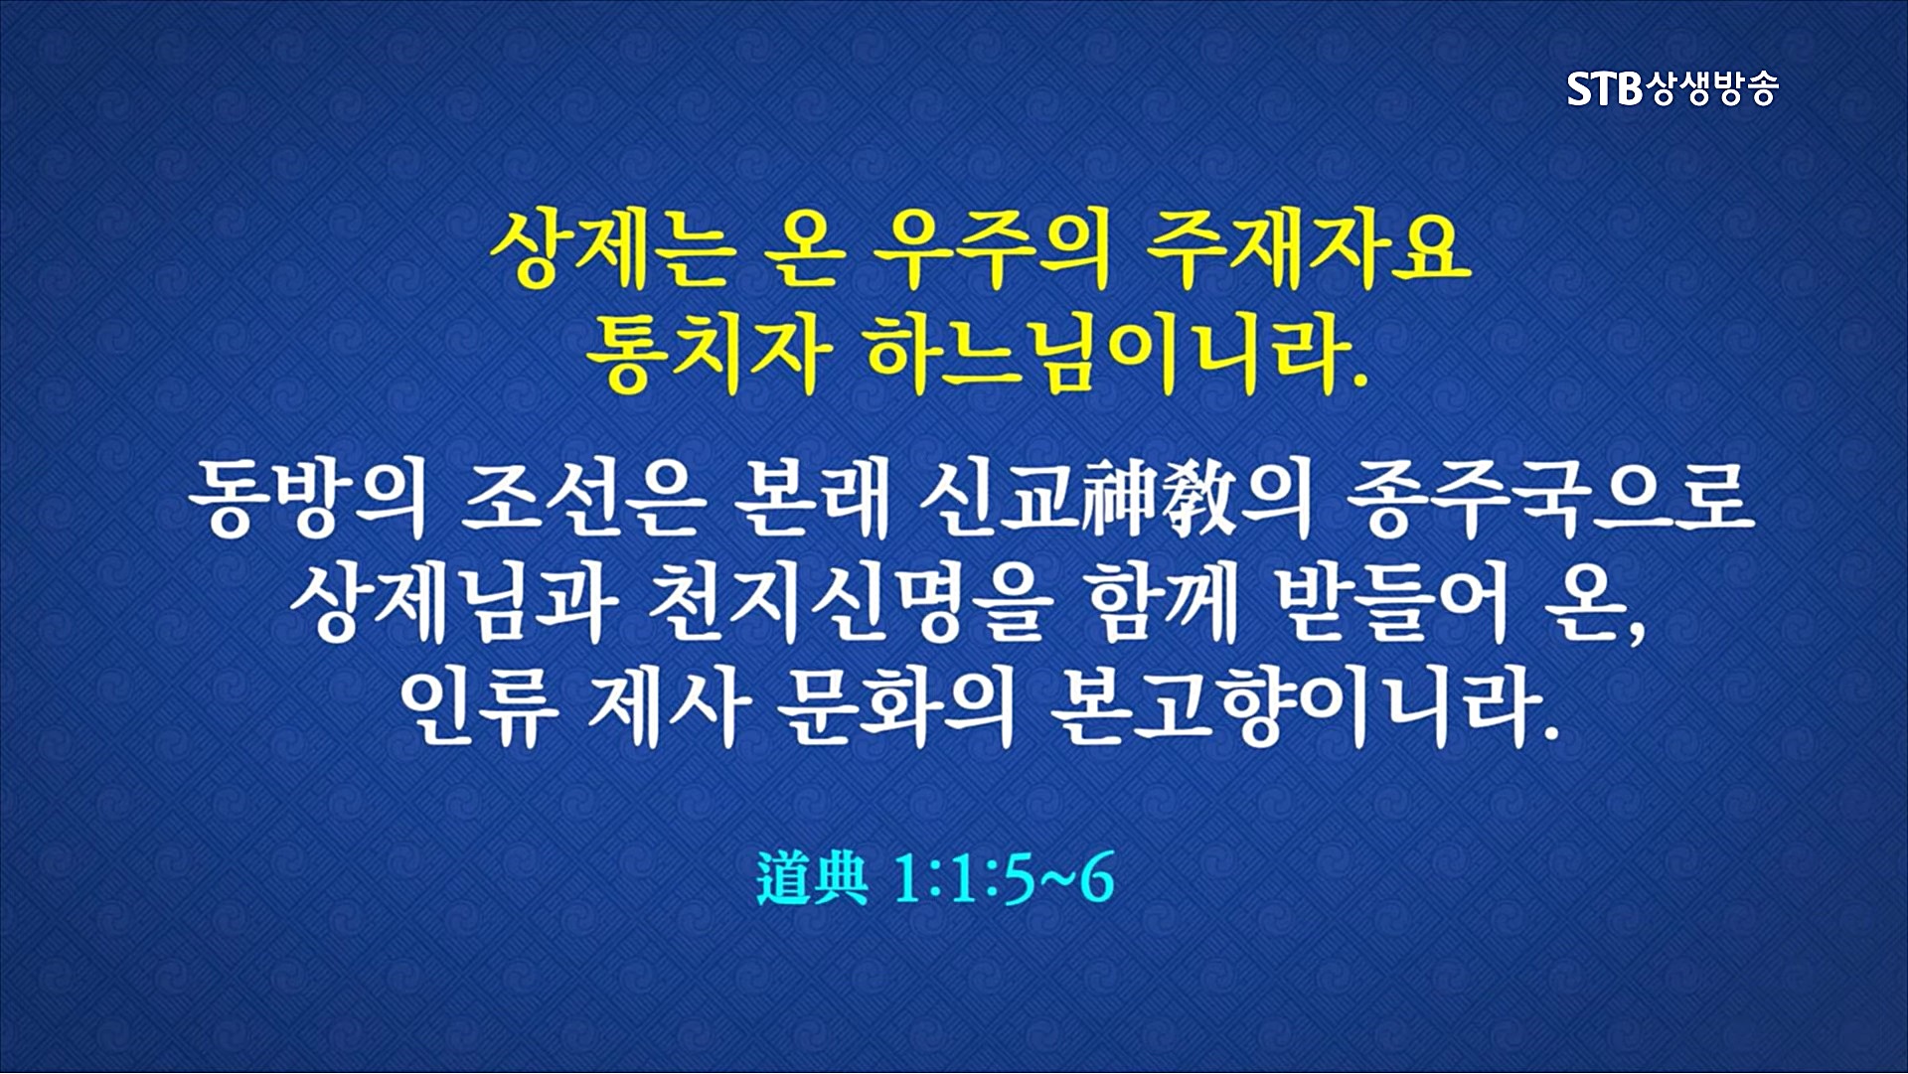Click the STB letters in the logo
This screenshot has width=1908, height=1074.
tap(1605, 89)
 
